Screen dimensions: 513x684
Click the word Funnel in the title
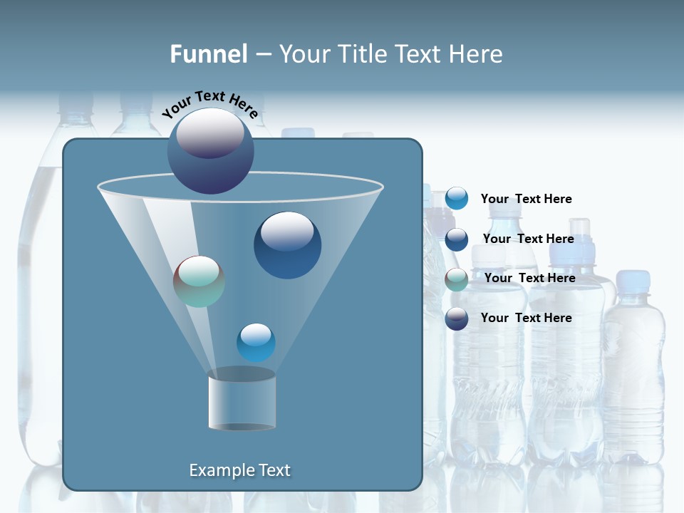click(209, 53)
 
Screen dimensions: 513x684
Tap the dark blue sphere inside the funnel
click(287, 246)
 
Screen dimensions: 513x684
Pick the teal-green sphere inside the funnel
click(199, 281)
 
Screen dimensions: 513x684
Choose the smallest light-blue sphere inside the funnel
click(256, 343)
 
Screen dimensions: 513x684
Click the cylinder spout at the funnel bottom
click(242, 400)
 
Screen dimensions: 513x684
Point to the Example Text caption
click(239, 470)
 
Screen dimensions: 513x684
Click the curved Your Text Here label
click(209, 103)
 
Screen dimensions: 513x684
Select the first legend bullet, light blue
click(456, 199)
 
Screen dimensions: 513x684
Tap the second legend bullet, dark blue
click(456, 239)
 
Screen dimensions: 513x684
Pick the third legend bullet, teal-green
click(456, 279)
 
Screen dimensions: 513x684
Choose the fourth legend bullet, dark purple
click(456, 318)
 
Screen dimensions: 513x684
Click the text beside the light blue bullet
click(526, 199)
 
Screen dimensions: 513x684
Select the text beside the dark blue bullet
click(528, 239)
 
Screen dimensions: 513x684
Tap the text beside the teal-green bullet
click(529, 278)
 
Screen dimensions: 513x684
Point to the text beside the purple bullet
click(526, 318)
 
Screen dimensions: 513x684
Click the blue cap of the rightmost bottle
click(633, 281)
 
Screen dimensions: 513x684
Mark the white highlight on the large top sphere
click(210, 133)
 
